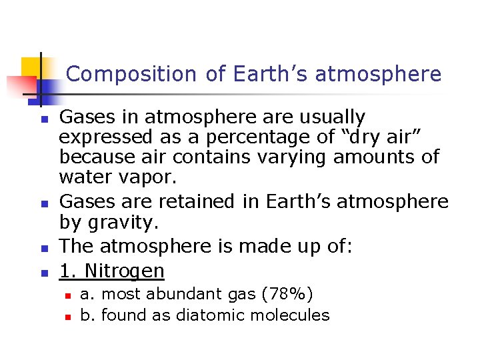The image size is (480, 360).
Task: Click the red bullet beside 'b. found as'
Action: [67, 316]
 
